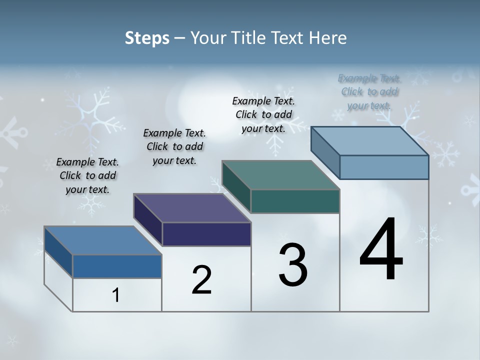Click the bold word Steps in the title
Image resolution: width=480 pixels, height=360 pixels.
tap(147, 38)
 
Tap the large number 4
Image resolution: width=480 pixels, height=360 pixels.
tap(381, 250)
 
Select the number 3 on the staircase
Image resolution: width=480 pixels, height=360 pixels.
tap(293, 265)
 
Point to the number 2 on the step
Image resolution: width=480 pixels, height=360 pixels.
tap(202, 280)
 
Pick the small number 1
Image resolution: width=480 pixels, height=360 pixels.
tap(116, 295)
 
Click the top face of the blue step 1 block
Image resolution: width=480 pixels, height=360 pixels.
tap(102, 240)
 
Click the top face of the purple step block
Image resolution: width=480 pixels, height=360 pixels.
tap(192, 208)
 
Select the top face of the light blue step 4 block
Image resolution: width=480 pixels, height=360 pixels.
tap(369, 141)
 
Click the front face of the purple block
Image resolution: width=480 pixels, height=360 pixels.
tap(206, 234)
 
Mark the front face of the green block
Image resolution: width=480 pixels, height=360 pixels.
tap(295, 201)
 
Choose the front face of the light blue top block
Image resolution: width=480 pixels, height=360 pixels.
tap(384, 167)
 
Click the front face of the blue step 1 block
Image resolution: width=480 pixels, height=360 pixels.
tap(117, 266)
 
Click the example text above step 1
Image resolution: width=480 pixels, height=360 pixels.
tap(87, 175)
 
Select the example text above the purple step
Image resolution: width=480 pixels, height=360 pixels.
tap(174, 146)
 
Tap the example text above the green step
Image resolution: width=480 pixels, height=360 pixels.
tap(263, 114)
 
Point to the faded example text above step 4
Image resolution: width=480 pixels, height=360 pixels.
tap(369, 91)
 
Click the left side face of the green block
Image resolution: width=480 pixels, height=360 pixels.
tap(236, 186)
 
